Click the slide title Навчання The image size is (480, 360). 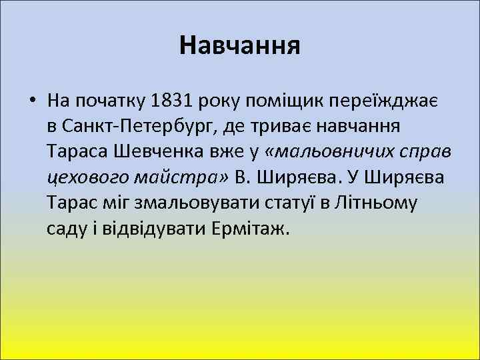(240, 45)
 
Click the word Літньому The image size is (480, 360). (381, 202)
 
